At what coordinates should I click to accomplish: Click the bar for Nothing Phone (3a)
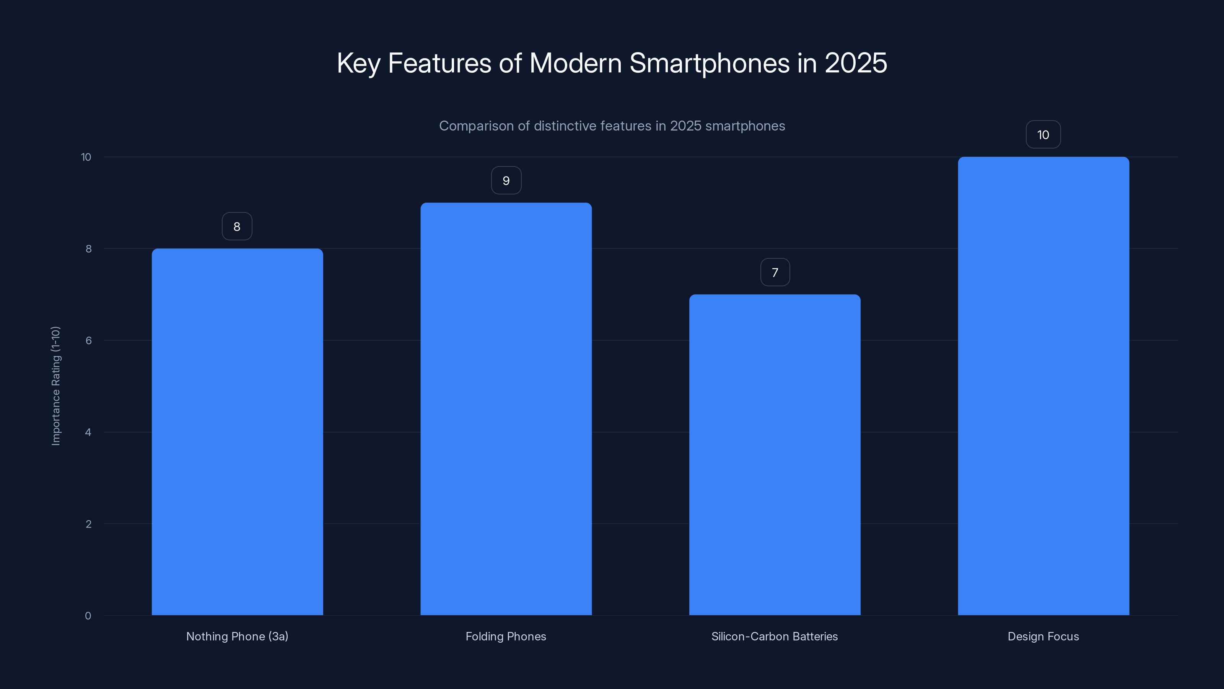(237, 432)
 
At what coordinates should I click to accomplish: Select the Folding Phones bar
(506, 409)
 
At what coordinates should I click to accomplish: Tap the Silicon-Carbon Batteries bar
(775, 455)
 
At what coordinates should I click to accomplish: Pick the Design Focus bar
(1043, 386)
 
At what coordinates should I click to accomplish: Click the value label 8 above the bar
(237, 226)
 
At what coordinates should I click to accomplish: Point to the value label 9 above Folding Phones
(506, 181)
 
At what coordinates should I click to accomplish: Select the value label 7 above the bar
(775, 273)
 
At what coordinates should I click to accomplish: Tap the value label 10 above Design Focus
(1043, 135)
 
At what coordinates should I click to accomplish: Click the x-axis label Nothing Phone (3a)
(237, 636)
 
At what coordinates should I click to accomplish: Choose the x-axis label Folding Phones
(506, 636)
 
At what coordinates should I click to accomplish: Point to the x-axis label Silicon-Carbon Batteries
(775, 636)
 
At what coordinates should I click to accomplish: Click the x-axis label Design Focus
(1043, 636)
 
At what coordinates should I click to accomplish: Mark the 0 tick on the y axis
(88, 616)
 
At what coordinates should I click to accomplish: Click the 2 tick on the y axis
(88, 524)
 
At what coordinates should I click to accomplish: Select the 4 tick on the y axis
(88, 432)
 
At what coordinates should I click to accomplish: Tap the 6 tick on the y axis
(88, 340)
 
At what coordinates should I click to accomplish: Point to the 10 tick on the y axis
(86, 157)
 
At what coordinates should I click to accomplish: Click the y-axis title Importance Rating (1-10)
(55, 385)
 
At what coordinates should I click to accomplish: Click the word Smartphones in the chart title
(709, 63)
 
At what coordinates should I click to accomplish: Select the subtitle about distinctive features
(612, 126)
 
